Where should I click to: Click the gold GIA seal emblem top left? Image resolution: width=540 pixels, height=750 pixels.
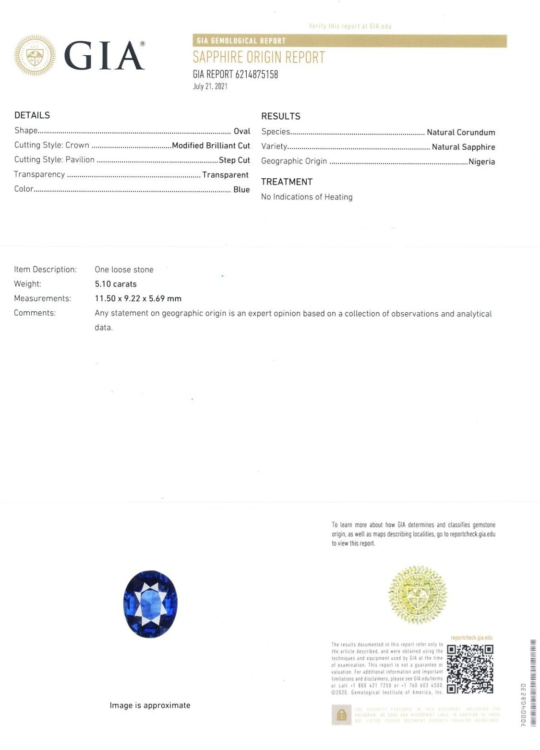pos(35,56)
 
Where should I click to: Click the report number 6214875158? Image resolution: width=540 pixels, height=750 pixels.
pos(256,74)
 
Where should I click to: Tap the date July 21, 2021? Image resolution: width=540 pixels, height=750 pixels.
pos(210,86)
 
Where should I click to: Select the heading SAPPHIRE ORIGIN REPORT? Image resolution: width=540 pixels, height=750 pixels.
pos(259,58)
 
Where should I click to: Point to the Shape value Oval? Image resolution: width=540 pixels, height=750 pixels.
pos(242,131)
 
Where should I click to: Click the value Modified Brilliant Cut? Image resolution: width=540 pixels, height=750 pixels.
pos(211,146)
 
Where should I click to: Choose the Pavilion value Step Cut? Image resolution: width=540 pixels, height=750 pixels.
pos(234,160)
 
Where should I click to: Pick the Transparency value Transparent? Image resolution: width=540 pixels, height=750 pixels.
pos(225,175)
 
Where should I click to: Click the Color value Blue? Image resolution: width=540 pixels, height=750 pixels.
pos(241,190)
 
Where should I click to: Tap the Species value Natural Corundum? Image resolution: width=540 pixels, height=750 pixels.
pos(461,132)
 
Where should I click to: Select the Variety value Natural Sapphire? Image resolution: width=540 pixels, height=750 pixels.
pos(463,147)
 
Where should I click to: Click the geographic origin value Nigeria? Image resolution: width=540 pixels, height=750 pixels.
pos(481,162)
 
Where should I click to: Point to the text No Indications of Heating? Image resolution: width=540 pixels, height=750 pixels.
pos(307,197)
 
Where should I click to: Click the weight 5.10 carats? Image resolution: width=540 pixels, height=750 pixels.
pos(116,284)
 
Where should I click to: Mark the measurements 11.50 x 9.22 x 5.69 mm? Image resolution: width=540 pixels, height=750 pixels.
pos(138,298)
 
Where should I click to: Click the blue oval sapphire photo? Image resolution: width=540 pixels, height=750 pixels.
pos(150,604)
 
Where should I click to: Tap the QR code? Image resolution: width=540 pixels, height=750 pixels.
pos(470,669)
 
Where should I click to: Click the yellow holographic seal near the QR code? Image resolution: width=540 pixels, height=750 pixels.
pos(417,595)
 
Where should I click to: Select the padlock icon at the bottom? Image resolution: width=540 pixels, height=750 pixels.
pos(341,715)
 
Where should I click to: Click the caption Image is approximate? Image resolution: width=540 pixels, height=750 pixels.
pos(150,705)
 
